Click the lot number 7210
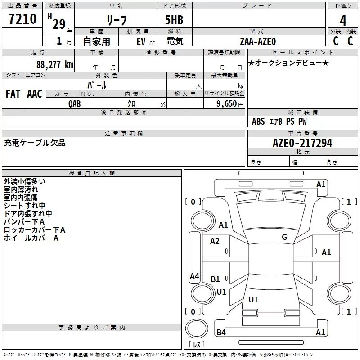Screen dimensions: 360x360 pyautogui.click(x=22, y=19)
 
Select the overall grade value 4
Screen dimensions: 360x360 pyautogui.click(x=343, y=20)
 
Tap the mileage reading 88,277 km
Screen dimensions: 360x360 pyautogui.click(x=54, y=64)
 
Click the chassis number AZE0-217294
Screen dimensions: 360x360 pyautogui.click(x=302, y=143)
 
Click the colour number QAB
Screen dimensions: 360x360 pyautogui.click(x=75, y=103)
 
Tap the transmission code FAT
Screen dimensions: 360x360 pyautogui.click(x=13, y=94)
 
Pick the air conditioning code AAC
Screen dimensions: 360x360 pyautogui.click(x=34, y=94)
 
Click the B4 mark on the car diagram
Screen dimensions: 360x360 pyautogui.click(x=221, y=332)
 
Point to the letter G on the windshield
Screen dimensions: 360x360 pyautogui.click(x=284, y=237)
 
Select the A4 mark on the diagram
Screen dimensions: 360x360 pyautogui.click(x=194, y=276)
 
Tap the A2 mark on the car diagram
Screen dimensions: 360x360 pyautogui.click(x=215, y=241)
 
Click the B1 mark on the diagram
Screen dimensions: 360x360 pyautogui.click(x=216, y=279)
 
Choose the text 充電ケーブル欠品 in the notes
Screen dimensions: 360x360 pyautogui.click(x=35, y=143)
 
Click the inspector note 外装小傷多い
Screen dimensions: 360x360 pyautogui.click(x=24, y=181)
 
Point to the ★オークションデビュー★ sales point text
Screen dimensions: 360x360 pyautogui.click(x=288, y=63)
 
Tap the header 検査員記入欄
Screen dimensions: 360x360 pyautogui.click(x=92, y=173)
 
